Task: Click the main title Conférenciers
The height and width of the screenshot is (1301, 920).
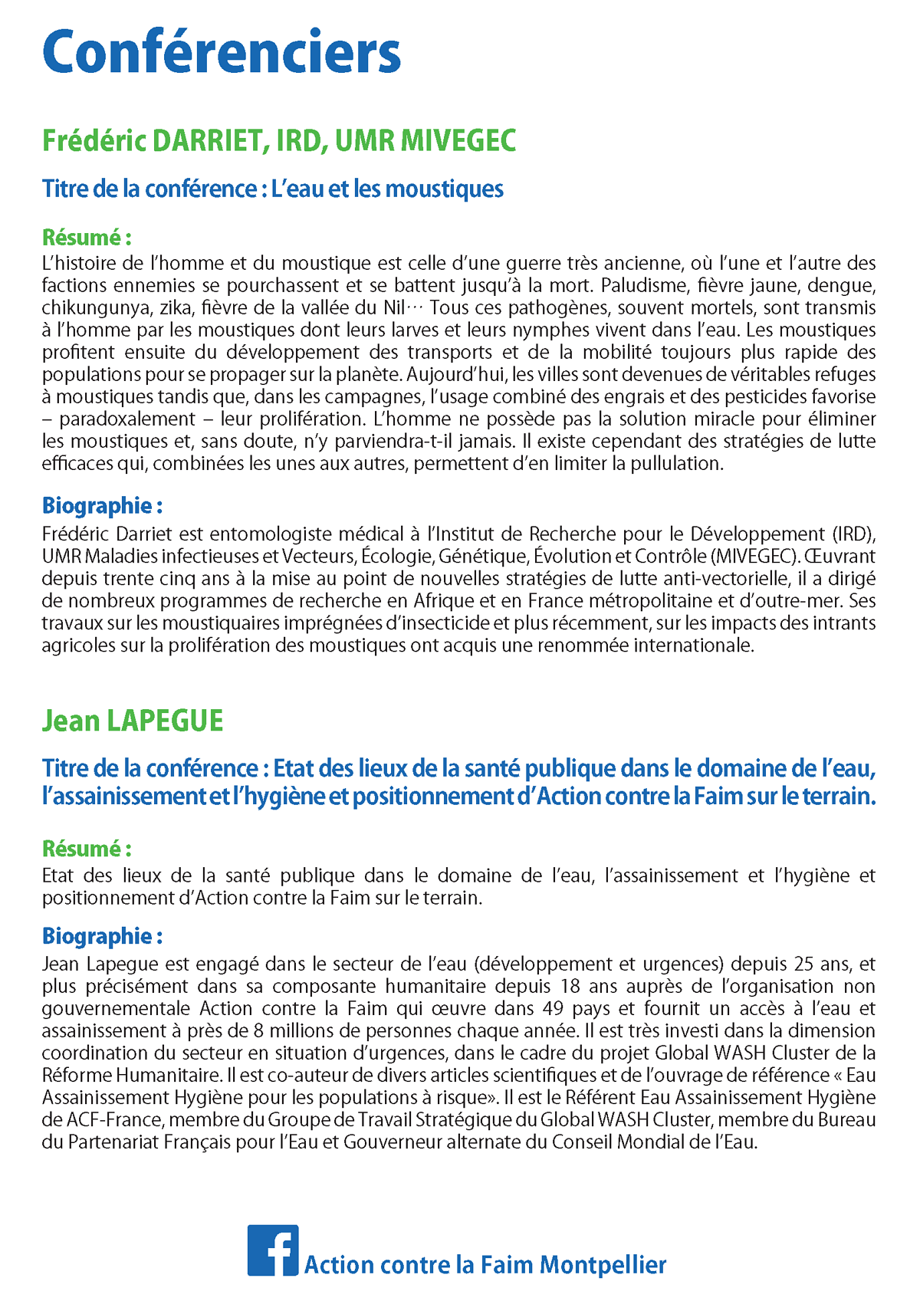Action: pyautogui.click(x=221, y=52)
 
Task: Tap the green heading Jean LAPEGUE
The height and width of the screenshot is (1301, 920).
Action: pyautogui.click(x=133, y=721)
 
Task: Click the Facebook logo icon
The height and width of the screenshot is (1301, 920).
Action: pyautogui.click(x=273, y=1250)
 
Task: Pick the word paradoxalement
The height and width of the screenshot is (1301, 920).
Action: pyautogui.click(x=127, y=419)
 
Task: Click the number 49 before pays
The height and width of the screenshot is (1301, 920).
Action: pyautogui.click(x=553, y=1008)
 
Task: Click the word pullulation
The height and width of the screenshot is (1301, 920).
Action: pyautogui.click(x=676, y=464)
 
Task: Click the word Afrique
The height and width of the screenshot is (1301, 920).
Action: pyautogui.click(x=445, y=600)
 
